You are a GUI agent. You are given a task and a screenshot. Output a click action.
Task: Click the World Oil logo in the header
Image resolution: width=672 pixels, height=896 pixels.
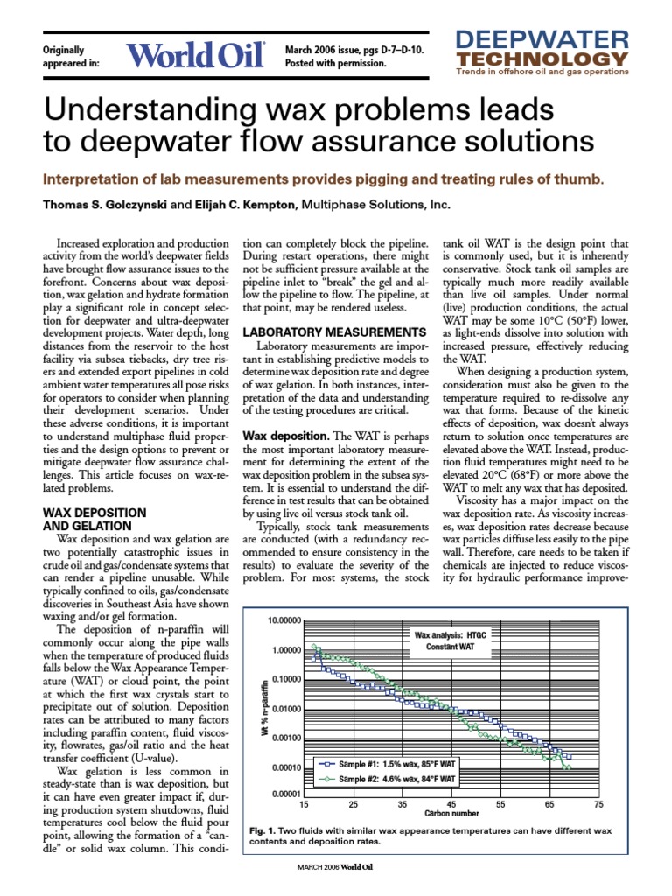pos(196,56)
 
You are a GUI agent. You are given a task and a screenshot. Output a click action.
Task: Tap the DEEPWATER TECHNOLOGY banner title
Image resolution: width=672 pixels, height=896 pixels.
pos(542,49)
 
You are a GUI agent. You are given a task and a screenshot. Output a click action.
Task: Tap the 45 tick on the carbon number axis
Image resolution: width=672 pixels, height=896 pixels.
pos(451,804)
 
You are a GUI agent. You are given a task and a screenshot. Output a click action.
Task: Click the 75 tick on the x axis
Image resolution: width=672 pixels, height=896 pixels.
pos(598,804)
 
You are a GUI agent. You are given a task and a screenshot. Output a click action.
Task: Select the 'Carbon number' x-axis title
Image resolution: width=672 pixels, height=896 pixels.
pos(451,815)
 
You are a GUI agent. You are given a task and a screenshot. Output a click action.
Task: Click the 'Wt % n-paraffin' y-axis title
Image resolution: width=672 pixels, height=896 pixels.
pos(263,706)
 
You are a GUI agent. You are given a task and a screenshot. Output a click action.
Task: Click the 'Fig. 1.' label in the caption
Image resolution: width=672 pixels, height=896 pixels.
pos(265,829)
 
